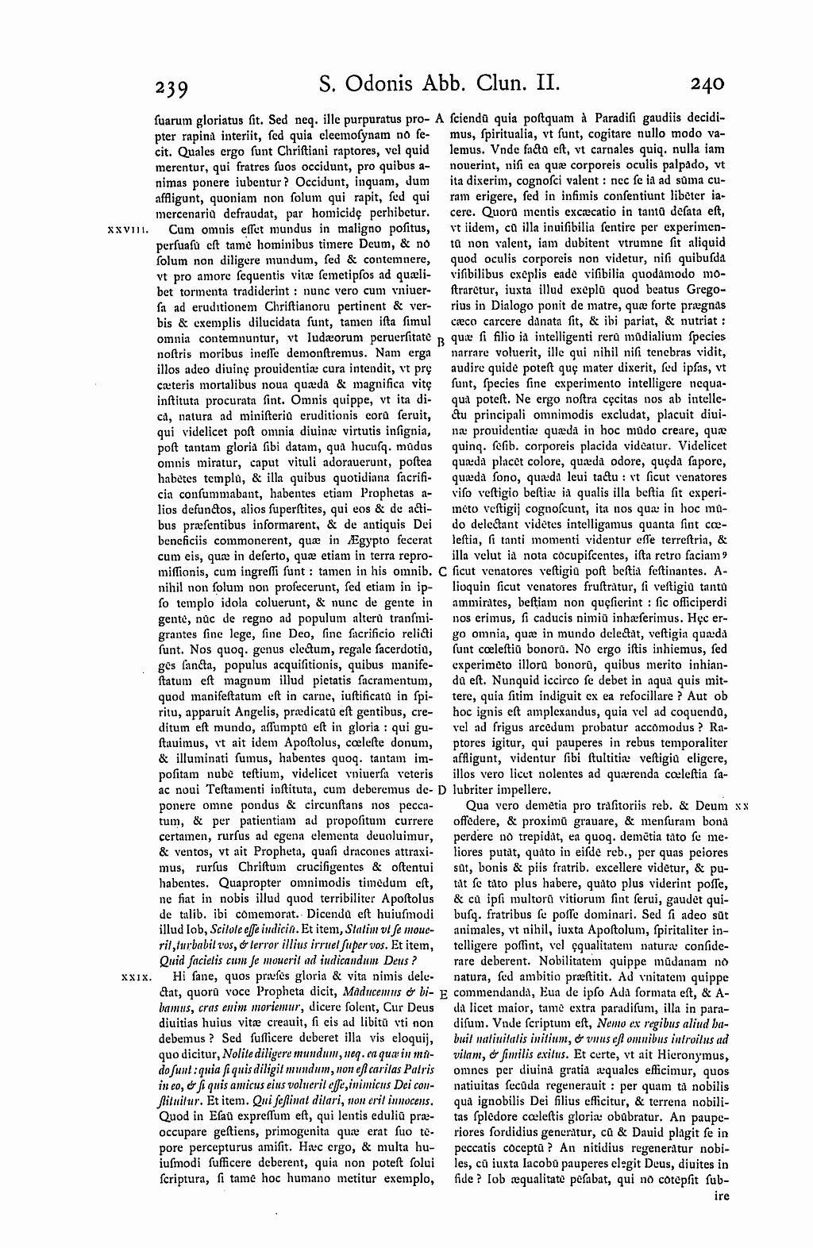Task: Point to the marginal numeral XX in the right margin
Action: [742, 805]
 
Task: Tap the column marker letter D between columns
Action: [441, 790]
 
